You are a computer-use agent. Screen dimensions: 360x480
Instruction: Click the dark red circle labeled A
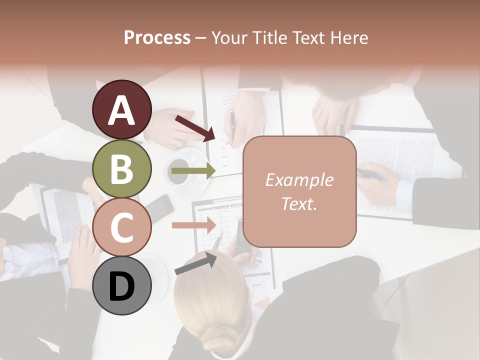pyautogui.click(x=122, y=110)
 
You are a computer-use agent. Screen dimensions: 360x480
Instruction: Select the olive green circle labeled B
pyautogui.click(x=122, y=169)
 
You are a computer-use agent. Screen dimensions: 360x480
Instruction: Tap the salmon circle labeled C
pyautogui.click(x=122, y=227)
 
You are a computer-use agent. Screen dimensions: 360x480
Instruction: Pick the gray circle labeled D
pyautogui.click(x=122, y=285)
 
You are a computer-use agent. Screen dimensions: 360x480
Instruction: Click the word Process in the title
pyautogui.click(x=157, y=38)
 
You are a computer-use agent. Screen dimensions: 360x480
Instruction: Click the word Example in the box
pyautogui.click(x=299, y=180)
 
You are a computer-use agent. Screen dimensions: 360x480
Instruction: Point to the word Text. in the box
pyautogui.click(x=299, y=203)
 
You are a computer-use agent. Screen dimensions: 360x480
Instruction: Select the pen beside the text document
pyautogui.click(x=372, y=175)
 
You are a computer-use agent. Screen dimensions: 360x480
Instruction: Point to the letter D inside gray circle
pyautogui.click(x=121, y=286)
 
